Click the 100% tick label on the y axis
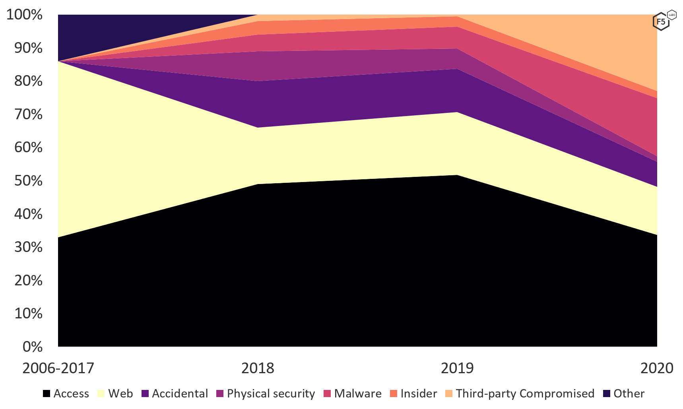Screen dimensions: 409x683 click(24, 15)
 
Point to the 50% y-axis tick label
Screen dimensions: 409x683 click(28, 181)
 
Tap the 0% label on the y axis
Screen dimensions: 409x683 click(33, 347)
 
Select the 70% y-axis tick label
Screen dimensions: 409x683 click(28, 115)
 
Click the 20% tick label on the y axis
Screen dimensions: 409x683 click(28, 281)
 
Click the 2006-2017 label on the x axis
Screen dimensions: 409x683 click(58, 368)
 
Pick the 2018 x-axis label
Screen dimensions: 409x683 click(258, 368)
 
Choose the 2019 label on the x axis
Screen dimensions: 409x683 click(457, 368)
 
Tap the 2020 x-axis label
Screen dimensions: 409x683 click(656, 368)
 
